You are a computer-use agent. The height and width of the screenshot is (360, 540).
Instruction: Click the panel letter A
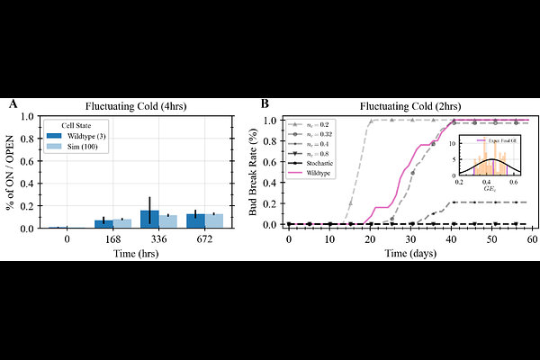pos(13,105)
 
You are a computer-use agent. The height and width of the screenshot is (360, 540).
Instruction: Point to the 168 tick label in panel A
pos(112,239)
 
